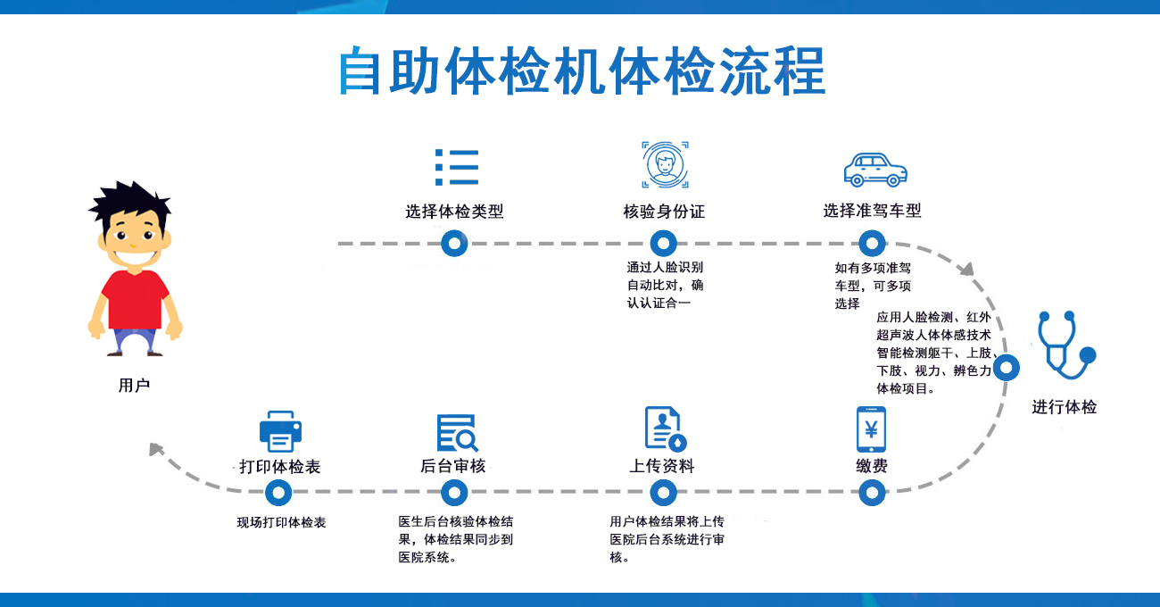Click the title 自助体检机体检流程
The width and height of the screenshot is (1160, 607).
coord(582,71)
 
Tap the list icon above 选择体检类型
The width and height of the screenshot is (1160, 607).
coord(457,167)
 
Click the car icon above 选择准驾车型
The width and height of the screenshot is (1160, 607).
coord(874,169)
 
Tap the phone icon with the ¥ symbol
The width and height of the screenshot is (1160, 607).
coord(871,429)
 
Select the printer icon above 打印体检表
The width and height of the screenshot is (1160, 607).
coord(280,432)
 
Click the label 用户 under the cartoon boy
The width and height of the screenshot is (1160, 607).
coord(134,386)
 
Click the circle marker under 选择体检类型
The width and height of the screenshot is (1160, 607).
coord(455,243)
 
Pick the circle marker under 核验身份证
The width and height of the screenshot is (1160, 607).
coord(663,243)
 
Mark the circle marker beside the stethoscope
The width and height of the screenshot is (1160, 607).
coord(1007,367)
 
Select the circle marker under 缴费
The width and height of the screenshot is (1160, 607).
coord(872,492)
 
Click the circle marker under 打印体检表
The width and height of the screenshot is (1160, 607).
coord(278,492)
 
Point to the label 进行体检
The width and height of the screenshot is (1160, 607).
coord(1065,407)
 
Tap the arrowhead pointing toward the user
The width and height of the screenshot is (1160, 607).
coord(158,449)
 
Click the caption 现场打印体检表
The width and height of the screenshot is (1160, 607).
coord(281,522)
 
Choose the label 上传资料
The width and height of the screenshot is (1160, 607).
coord(661,466)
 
